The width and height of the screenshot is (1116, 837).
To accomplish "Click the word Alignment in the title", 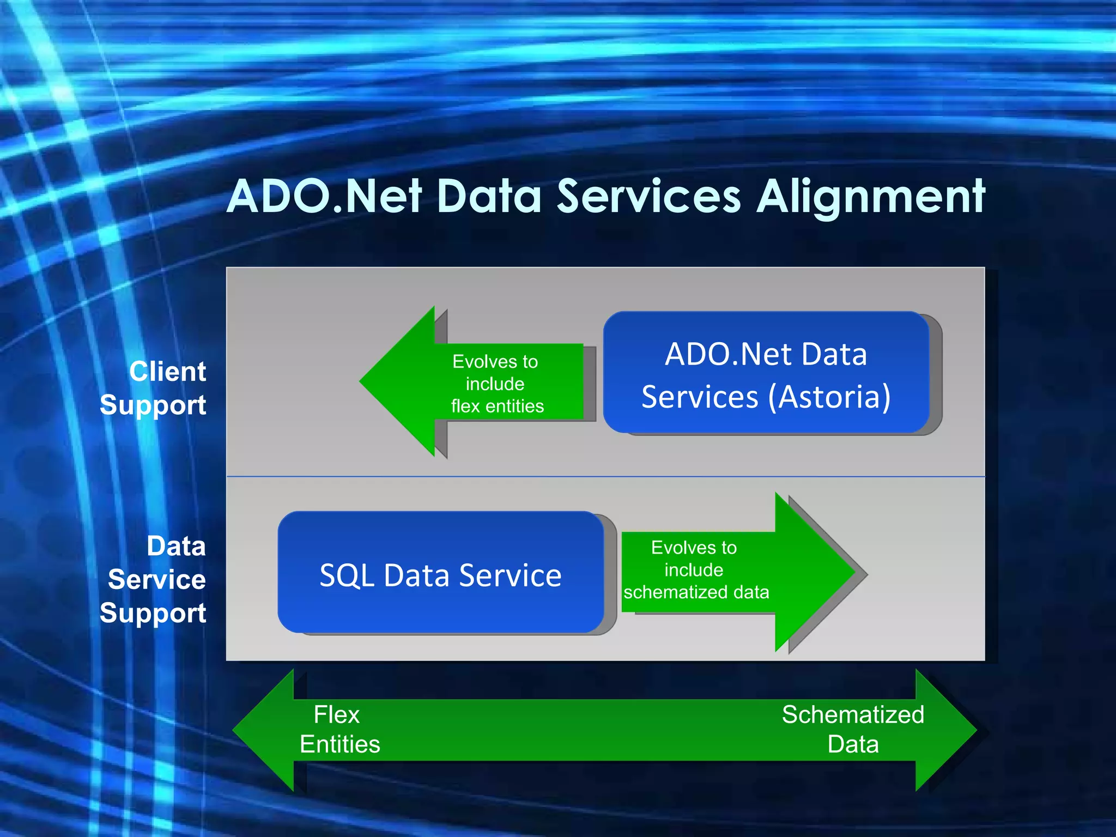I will coord(871,197).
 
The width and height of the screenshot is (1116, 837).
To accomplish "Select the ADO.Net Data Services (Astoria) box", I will coord(766,373).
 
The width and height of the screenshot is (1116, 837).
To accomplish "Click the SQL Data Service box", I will coord(440,572).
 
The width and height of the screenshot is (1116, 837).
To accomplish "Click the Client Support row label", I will coord(154,388).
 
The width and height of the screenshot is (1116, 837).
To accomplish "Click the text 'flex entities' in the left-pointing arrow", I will coord(497,407).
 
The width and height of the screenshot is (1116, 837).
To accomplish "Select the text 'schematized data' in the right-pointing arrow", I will coord(696,592).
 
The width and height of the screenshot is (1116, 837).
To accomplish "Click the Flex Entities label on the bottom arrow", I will coord(339,729).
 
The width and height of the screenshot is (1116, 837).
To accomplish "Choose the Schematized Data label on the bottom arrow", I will coord(853,729).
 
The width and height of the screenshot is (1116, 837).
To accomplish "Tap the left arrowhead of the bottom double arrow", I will coord(256,730).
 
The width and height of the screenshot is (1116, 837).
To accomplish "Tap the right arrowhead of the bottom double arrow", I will coord(954,730).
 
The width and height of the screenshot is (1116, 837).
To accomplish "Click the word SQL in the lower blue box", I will coord(347,576).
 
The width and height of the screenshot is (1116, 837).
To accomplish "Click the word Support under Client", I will coord(154,405).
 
